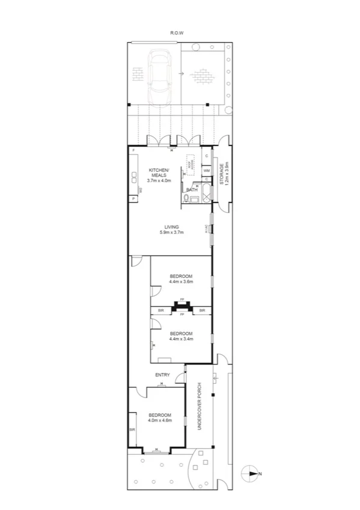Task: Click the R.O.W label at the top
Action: pyautogui.click(x=177, y=33)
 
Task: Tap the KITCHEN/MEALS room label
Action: pyautogui.click(x=160, y=174)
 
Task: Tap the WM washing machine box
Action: pyautogui.click(x=206, y=170)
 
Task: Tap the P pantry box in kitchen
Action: pyautogui.click(x=131, y=199)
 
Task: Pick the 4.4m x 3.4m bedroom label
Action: pyautogui.click(x=180, y=336)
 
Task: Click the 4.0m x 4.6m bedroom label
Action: pyautogui.click(x=160, y=417)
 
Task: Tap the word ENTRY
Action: pyautogui.click(x=162, y=375)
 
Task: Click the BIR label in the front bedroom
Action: pyautogui.click(x=131, y=429)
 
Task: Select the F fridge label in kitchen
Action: pyautogui.click(x=133, y=150)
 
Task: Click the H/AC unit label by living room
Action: pyautogui.click(x=207, y=229)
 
